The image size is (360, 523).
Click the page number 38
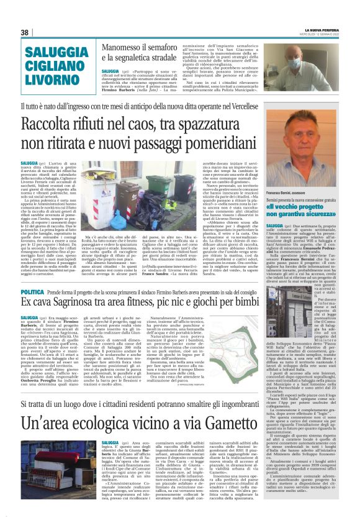click(24, 32)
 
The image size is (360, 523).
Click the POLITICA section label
click(32, 291)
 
